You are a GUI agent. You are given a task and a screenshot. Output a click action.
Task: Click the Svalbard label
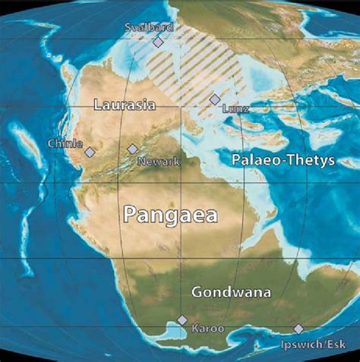point(149,27)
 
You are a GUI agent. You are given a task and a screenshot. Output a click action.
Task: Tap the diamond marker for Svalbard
point(158,42)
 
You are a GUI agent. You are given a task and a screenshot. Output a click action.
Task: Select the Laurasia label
point(124,105)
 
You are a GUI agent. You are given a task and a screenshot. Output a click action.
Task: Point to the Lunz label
point(235,109)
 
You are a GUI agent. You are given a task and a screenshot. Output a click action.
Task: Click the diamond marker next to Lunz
point(215,99)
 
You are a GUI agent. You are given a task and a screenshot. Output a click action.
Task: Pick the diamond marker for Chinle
point(90,152)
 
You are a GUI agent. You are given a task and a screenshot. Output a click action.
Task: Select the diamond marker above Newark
point(132,150)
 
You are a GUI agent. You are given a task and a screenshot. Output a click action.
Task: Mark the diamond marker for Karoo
point(182,320)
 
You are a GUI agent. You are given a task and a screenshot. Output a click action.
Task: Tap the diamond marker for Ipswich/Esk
point(298,329)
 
